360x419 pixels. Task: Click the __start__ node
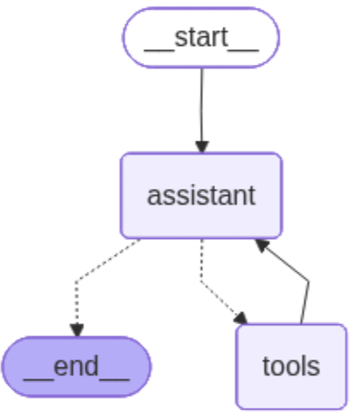coord(201,36)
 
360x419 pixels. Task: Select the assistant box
coord(201,195)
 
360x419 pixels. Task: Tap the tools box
coord(291,366)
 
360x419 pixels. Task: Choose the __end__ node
coord(77,366)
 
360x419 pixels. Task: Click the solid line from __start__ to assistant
coord(202,103)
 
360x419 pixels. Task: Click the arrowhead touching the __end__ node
coord(77,330)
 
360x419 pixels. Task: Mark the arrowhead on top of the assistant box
coord(202,146)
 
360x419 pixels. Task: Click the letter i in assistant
coord(190,195)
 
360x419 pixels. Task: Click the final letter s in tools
coord(313,366)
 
